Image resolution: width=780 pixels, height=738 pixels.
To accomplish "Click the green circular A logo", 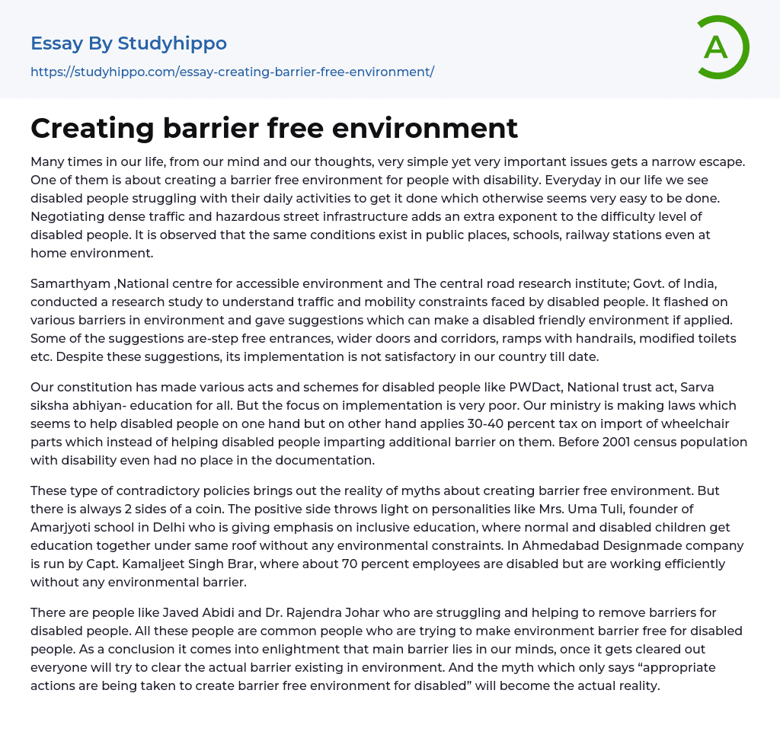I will pos(721,47).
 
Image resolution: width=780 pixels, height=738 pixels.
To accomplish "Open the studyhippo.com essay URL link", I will pos(232,72).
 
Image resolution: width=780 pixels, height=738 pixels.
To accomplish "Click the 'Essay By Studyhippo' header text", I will pos(129,43).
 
